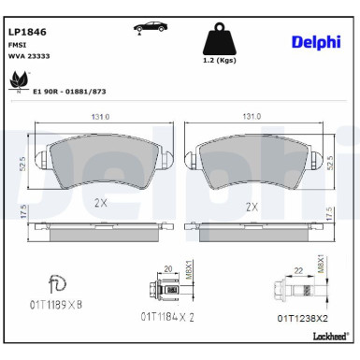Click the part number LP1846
[27, 32]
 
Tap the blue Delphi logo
[316, 42]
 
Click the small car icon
[151, 27]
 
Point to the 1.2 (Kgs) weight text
[220, 60]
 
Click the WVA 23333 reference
[29, 56]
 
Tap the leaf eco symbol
[19, 81]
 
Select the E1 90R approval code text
[69, 92]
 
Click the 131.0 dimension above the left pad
[100, 117]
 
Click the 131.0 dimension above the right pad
[252, 117]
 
